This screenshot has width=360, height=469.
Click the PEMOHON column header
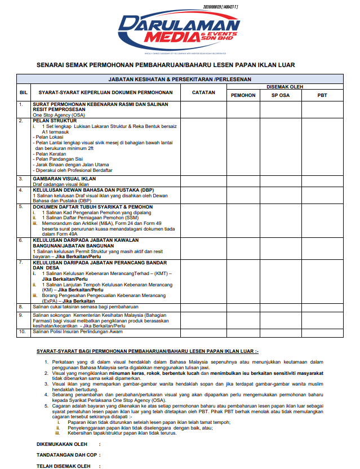pyautogui.click(x=243, y=95)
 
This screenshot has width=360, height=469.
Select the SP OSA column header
pyautogui.click(x=281, y=95)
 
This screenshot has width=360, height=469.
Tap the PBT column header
pyautogui.click(x=322, y=95)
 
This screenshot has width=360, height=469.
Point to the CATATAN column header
pyautogui.click(x=203, y=91)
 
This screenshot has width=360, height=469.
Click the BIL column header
pyautogui.click(x=24, y=91)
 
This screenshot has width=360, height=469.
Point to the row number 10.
pyautogui.click(x=23, y=332)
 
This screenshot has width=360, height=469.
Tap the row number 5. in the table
pyautogui.click(x=21, y=207)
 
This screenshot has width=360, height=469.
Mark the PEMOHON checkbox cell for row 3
pyautogui.click(x=243, y=182)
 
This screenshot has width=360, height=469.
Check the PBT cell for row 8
pyautogui.click(x=322, y=307)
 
